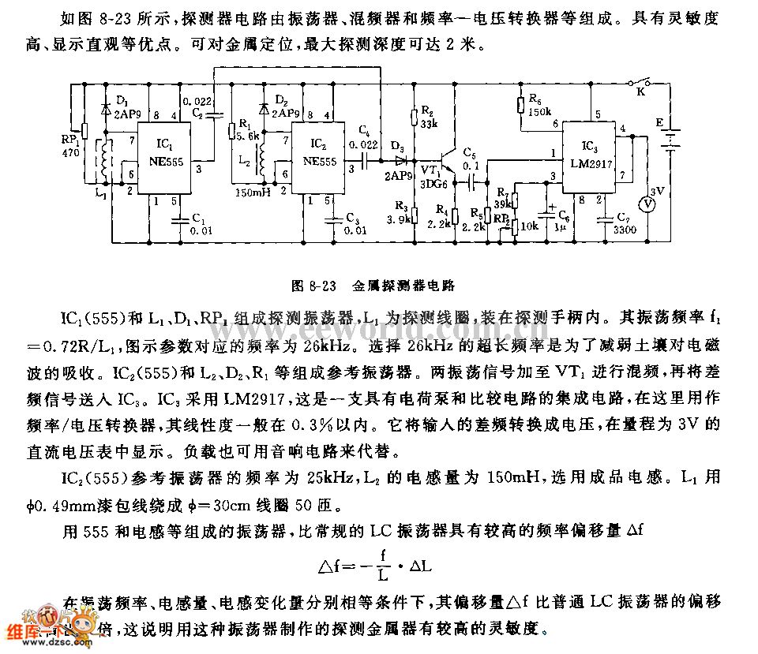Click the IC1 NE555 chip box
coord(166,153)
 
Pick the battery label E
coord(657,122)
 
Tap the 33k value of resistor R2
coord(430,124)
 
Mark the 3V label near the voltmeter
coord(656,189)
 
